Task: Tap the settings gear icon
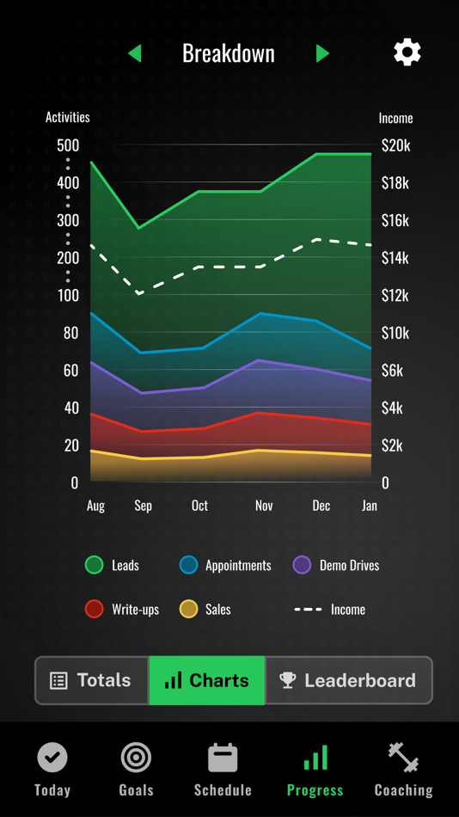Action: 407,52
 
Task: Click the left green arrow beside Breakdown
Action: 135,53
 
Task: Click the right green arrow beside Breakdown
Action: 322,53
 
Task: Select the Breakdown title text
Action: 229,53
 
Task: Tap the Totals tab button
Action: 92,680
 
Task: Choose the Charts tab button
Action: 207,680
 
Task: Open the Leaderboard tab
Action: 348,680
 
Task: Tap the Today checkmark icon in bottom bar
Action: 52,758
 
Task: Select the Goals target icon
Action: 136,758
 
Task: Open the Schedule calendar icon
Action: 223,758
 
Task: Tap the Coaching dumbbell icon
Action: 403,758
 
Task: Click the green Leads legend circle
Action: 95,565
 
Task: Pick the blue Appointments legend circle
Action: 188,565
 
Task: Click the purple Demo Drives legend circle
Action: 302,565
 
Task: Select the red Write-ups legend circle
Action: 95,609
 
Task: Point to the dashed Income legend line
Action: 309,609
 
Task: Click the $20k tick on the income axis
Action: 395,145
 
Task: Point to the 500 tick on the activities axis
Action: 68,145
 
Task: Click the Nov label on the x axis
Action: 264,506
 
